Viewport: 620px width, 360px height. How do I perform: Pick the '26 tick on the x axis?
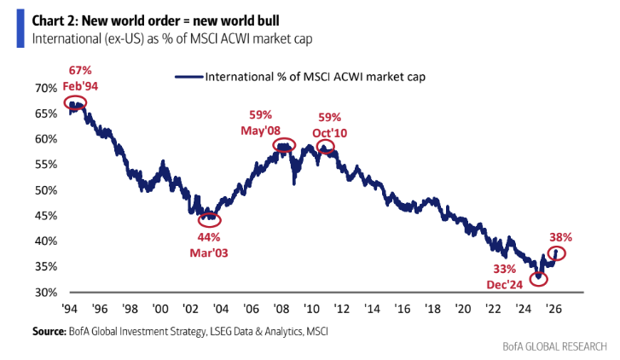(553, 308)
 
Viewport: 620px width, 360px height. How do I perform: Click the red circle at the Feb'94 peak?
(75, 104)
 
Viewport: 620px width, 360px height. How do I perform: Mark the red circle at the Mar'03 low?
(208, 219)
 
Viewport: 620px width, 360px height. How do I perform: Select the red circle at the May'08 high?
(285, 146)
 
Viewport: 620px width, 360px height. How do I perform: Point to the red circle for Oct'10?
(326, 146)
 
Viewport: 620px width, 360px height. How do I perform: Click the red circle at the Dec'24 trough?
(538, 278)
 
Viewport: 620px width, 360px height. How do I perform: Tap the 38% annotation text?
(560, 237)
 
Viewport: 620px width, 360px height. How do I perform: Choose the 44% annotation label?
(209, 236)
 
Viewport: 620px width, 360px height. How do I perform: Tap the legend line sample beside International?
(188, 76)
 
